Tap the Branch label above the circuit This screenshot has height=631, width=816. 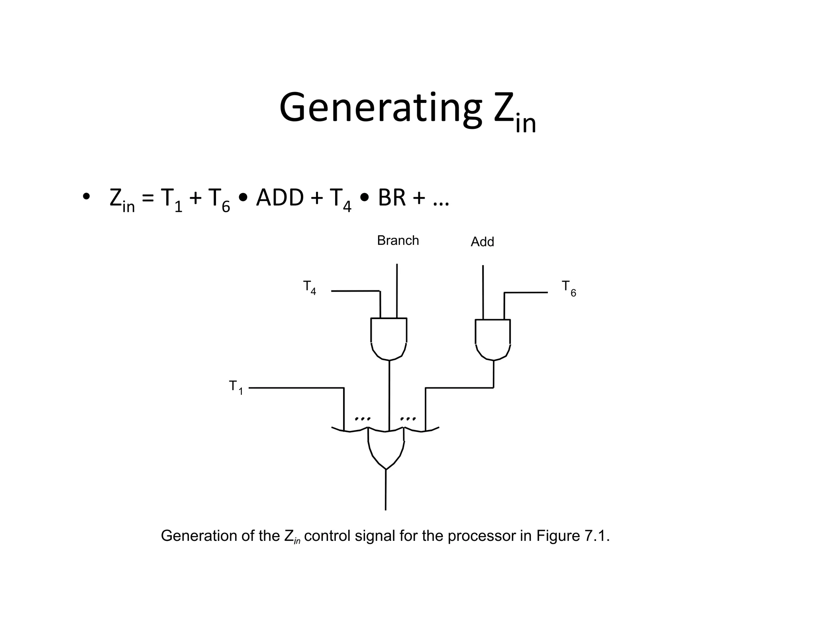tap(398, 241)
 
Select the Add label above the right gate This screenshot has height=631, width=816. tap(482, 242)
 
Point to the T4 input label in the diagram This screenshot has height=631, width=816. tap(310, 288)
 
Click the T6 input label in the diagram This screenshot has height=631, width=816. tap(569, 288)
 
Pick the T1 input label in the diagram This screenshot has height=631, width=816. tap(235, 387)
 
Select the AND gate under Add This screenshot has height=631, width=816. tap(493, 339)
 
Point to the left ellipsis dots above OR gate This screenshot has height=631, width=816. tap(363, 419)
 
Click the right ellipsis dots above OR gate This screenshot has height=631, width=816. tap(408, 419)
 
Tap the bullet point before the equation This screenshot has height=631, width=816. tap(85, 197)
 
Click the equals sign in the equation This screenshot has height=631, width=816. tap(147, 198)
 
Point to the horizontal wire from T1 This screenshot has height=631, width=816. tap(296, 388)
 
